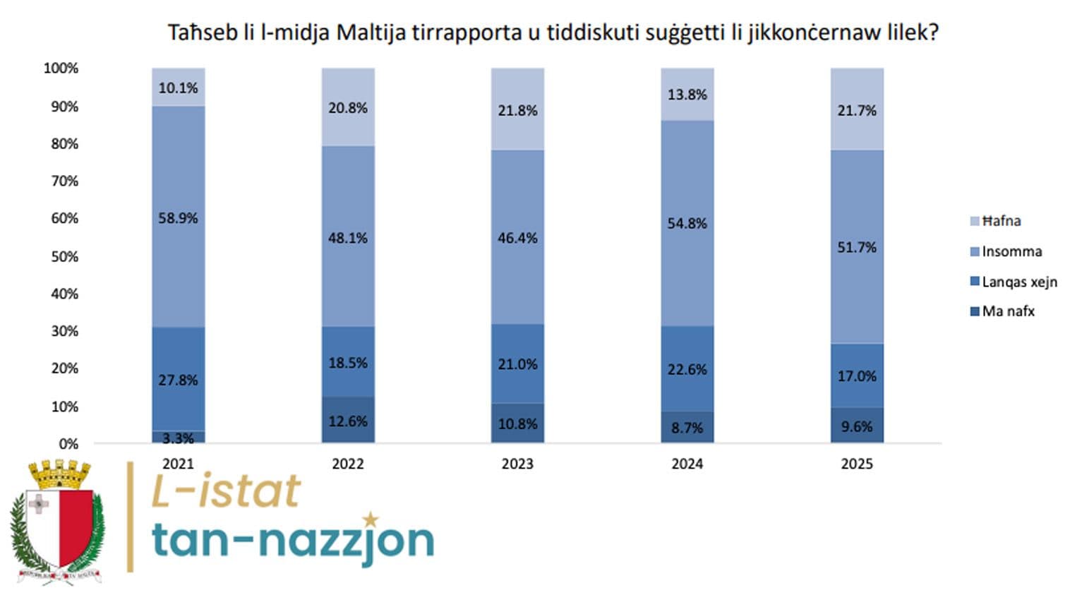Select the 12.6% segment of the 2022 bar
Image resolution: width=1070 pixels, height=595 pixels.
coord(348,421)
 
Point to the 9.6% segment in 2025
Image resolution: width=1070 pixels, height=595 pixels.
coord(856,426)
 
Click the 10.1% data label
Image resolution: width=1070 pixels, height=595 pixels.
coord(178,88)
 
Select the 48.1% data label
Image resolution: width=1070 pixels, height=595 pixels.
coord(348,238)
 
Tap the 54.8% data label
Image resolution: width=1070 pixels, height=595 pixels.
coord(687,223)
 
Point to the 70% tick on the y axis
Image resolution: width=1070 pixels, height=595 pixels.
coord(64,181)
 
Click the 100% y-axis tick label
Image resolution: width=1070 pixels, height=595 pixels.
coord(61,68)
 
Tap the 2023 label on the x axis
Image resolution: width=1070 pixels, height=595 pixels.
coord(517,464)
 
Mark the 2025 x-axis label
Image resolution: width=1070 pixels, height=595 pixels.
coord(856,464)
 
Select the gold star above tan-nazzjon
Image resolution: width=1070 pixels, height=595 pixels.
coord(370,520)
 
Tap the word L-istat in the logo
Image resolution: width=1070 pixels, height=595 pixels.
coord(226,491)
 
